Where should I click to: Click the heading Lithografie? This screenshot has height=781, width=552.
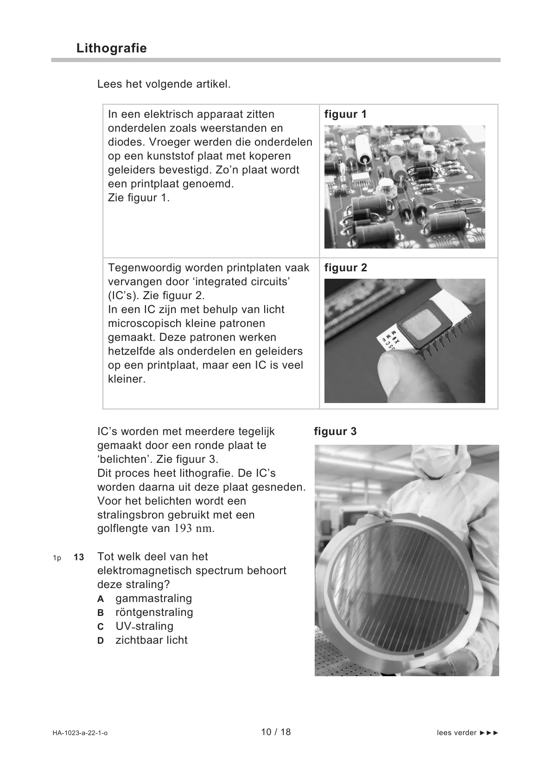tap(112, 48)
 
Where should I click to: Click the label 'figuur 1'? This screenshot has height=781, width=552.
tap(345, 114)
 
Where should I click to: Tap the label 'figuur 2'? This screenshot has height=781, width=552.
tap(345, 268)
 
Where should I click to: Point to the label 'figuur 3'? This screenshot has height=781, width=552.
tap(335, 431)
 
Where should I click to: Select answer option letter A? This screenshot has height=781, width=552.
tap(101, 599)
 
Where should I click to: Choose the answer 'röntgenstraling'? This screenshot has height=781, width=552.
tap(154, 612)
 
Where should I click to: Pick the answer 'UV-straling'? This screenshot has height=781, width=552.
tap(144, 626)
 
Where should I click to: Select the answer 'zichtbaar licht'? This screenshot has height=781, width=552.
tap(152, 640)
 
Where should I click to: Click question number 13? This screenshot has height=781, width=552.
tap(79, 557)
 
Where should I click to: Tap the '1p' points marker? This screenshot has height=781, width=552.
tap(57, 557)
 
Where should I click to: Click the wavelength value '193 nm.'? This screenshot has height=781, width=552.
tap(194, 529)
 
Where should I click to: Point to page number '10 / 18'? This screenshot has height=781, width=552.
tap(276, 732)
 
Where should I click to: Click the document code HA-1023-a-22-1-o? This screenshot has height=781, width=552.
tap(80, 733)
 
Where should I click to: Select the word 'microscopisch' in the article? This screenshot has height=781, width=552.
tap(144, 323)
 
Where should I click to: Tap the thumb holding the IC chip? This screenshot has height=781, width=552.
tap(396, 376)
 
